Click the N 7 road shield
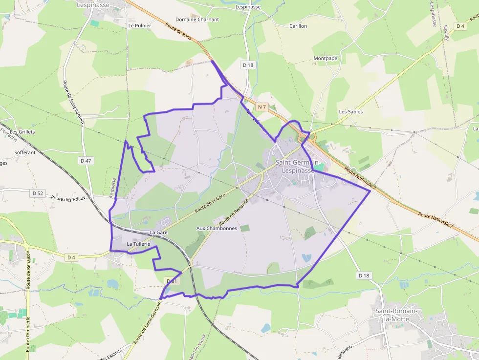pos(262,106)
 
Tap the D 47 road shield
pos(86,161)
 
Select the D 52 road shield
pos(38,193)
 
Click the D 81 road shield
pos(173,281)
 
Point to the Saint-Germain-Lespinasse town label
pos(298,166)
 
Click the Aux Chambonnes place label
pos(217,228)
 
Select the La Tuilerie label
pos(138,243)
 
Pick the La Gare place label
pos(159,233)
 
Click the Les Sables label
pos(351,111)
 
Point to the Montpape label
pos(326,58)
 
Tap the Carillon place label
pos(298,26)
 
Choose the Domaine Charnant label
pos(197,20)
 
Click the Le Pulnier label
pos(140,25)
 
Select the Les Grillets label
pos(22,132)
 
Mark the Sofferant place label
pos(25,152)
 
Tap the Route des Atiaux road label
pos(68,199)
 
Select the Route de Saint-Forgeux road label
pos(74,102)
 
